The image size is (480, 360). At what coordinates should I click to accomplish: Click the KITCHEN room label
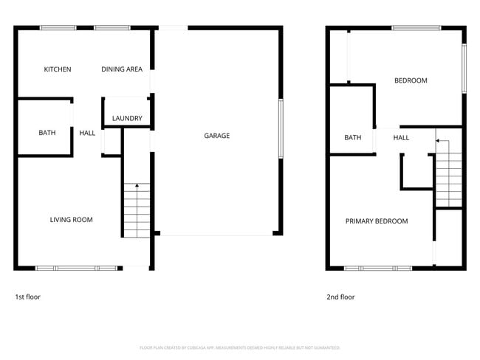pyautogui.click(x=58, y=69)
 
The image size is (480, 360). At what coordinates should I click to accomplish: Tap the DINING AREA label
pyautogui.click(x=122, y=69)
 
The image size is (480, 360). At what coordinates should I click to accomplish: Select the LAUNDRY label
pyautogui.click(x=127, y=118)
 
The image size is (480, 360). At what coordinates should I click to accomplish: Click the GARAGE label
pyautogui.click(x=217, y=136)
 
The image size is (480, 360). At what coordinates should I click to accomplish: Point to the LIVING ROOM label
pyautogui.click(x=72, y=220)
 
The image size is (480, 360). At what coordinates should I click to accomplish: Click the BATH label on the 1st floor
pyautogui.click(x=47, y=133)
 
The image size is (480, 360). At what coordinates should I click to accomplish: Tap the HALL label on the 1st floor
pyautogui.click(x=87, y=133)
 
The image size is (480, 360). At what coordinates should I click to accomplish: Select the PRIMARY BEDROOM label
pyautogui.click(x=377, y=221)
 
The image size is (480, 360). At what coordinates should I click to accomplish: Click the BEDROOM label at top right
pyautogui.click(x=411, y=80)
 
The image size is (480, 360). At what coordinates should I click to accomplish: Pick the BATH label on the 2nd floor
pyautogui.click(x=352, y=138)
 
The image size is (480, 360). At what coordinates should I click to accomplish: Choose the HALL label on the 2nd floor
pyautogui.click(x=401, y=138)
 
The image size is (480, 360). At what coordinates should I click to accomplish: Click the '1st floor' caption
pyautogui.click(x=28, y=297)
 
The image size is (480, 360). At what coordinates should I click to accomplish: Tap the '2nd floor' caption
pyautogui.click(x=340, y=297)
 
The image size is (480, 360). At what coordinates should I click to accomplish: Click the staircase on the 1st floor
pyautogui.click(x=136, y=210)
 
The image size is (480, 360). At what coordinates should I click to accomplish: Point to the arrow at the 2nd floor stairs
pyautogui.click(x=441, y=140)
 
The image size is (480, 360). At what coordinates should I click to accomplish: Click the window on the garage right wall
pyautogui.click(x=280, y=128)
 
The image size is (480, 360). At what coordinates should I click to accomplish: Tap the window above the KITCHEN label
pyautogui.click(x=58, y=28)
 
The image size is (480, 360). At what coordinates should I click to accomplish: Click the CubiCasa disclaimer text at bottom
pyautogui.click(x=240, y=347)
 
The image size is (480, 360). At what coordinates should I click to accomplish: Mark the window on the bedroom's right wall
pyautogui.click(x=464, y=69)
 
